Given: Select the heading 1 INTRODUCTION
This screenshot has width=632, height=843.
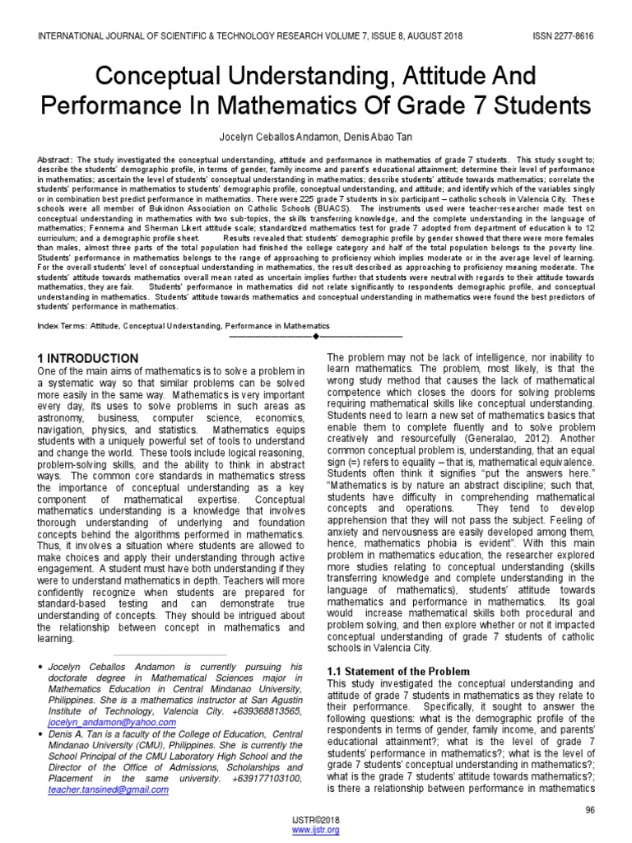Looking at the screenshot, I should click(90, 358).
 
